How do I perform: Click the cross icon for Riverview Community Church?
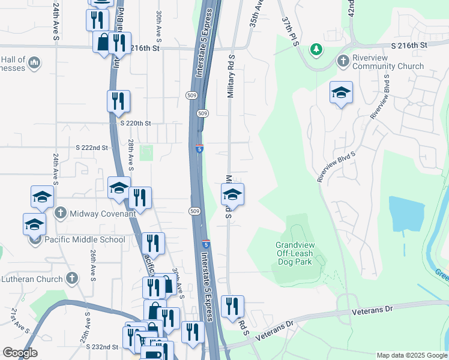pos(343,61)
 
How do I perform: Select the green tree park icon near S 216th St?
pos(315,50)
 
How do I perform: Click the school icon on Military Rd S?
pos(232,194)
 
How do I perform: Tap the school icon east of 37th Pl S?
pos(341,92)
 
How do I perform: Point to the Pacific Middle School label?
pos(85,239)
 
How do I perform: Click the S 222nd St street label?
pos(91,148)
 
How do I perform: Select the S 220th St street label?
pos(135,123)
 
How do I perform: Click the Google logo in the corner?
pos(20,353)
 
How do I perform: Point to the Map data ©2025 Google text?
pos(411,355)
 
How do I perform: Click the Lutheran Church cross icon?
pos(72,278)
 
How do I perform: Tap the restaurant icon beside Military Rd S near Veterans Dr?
pos(232,306)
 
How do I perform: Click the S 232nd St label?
pos(101,347)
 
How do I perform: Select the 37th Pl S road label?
pos(291,29)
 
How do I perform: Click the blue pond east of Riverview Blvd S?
pos(406,214)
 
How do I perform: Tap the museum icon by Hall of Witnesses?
pos(34,62)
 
